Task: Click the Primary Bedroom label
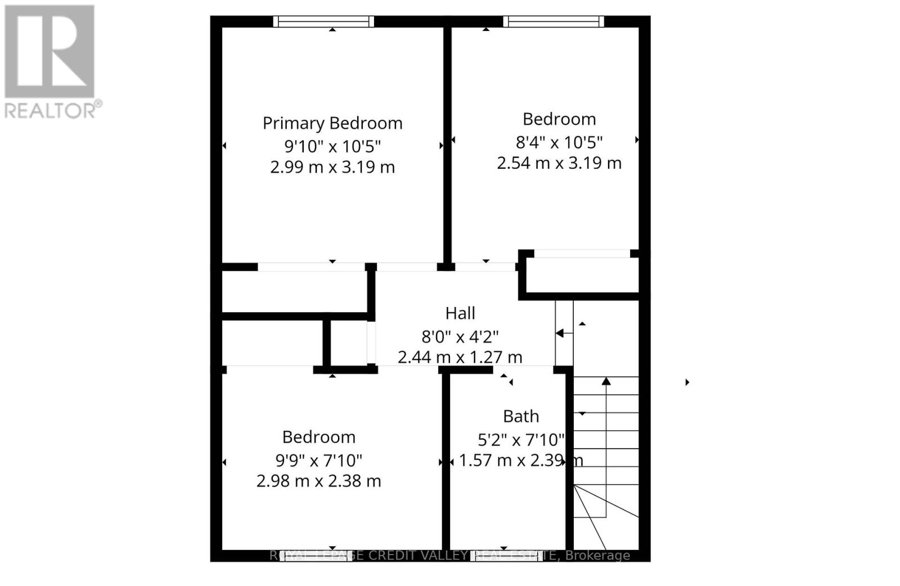coord(332,123)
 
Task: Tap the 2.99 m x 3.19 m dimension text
coord(332,167)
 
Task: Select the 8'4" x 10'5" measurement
coord(559,142)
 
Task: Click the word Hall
coord(460,313)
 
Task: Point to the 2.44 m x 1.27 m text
coord(460,357)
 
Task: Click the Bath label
coord(521,417)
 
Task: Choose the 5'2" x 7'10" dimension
coord(521,439)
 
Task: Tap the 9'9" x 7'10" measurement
coord(318,461)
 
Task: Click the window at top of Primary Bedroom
coord(323,21)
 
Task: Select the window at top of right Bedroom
coord(553,21)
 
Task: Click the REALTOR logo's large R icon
coord(49,52)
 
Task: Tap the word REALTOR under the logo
coord(49,110)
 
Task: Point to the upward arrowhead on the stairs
coord(606,382)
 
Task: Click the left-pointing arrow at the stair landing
coord(560,333)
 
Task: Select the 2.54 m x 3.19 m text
coord(559,163)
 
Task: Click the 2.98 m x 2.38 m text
coord(318,481)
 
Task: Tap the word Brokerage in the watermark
coord(597,556)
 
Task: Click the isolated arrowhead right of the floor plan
coord(687,382)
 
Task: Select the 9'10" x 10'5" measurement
coord(332,146)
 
